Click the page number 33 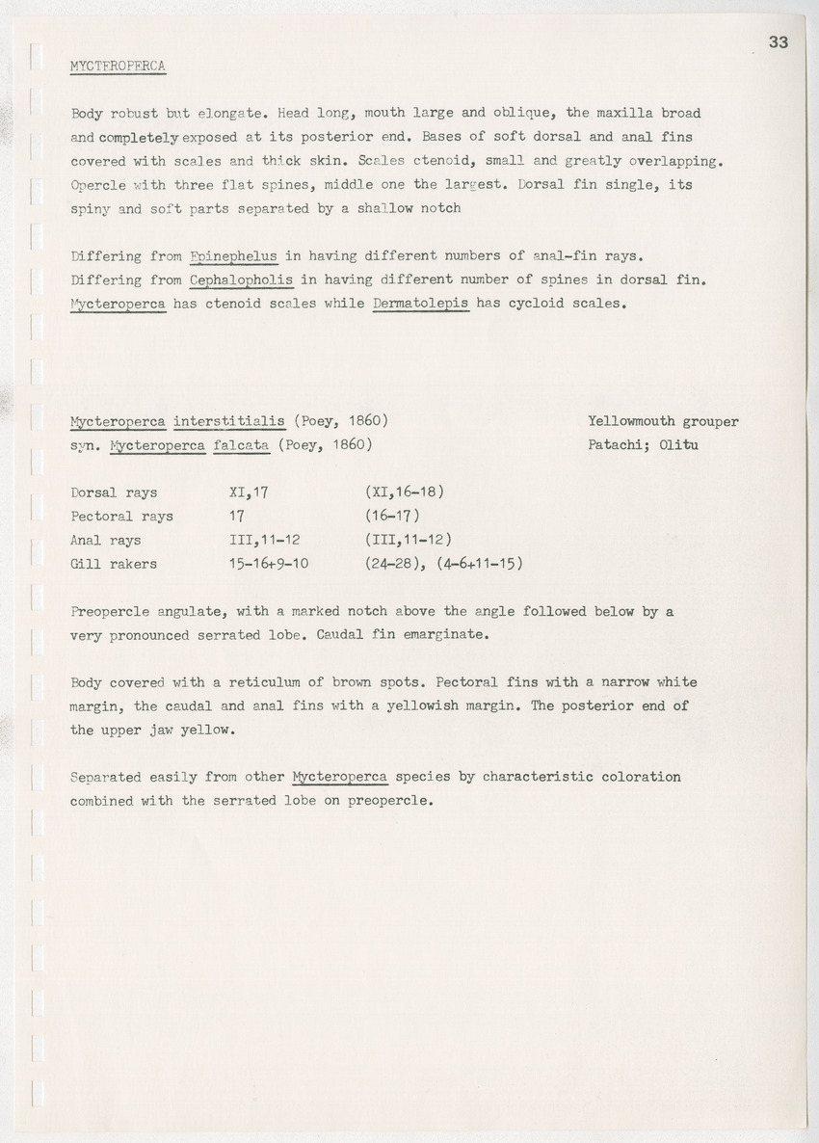tap(779, 41)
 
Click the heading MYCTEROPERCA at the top tap(119, 66)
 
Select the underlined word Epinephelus tap(233, 256)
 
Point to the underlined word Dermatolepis tap(420, 304)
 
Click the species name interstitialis tap(229, 421)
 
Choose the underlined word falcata tap(236, 445)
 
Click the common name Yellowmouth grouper tap(662, 421)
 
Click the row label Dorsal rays tap(114, 492)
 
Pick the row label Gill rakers tap(114, 564)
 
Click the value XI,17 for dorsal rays tap(242, 492)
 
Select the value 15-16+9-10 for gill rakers tap(262, 564)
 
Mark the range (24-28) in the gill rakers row tap(389, 564)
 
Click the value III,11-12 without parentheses tap(258, 540)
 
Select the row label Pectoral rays tap(121, 517)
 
